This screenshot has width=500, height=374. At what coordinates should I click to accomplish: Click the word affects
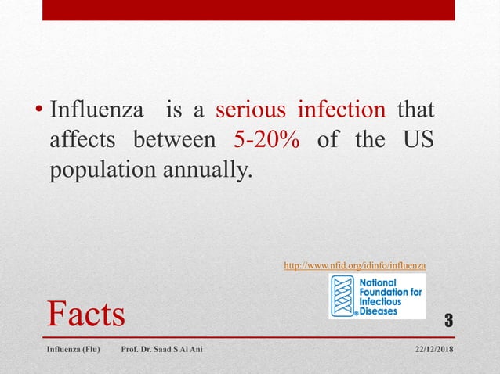tap(82, 140)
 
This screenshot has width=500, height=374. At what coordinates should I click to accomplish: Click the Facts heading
tap(86, 314)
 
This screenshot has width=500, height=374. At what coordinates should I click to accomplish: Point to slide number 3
tap(449, 320)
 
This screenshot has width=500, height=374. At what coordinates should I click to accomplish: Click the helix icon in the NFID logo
tap(342, 296)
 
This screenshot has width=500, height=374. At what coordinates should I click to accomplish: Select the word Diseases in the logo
tap(379, 311)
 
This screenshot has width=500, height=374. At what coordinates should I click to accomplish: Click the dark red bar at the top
tap(248, 10)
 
